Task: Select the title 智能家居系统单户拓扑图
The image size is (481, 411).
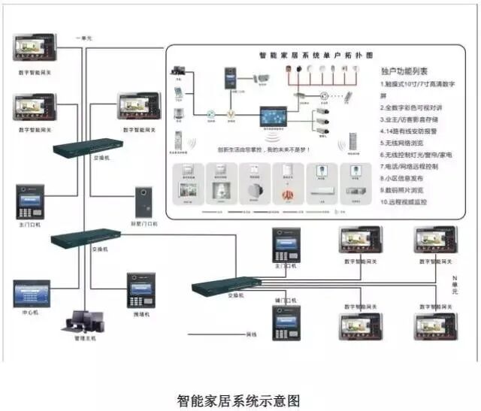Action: pyautogui.click(x=308, y=56)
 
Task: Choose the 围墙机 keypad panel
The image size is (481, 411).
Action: pyautogui.click(x=141, y=289)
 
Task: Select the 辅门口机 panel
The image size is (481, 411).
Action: pyautogui.click(x=286, y=322)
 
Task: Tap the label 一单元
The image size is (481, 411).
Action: pyautogui.click(x=83, y=38)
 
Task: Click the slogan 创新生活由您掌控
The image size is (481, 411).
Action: pyautogui.click(x=259, y=150)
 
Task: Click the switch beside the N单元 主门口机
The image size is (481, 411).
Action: pyautogui.click(x=225, y=286)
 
